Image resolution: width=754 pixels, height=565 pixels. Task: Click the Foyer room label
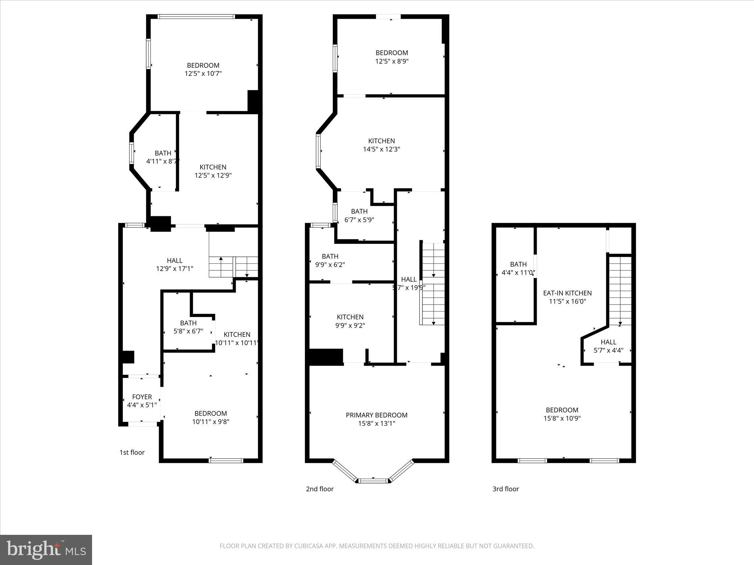142,397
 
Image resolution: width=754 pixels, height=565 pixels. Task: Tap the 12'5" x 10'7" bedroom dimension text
203,74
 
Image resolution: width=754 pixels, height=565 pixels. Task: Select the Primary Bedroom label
376,415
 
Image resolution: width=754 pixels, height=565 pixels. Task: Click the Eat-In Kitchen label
567,293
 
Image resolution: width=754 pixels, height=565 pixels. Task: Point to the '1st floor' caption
132,452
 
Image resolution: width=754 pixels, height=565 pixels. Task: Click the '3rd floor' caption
505,489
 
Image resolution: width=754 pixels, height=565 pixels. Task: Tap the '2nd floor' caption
320,489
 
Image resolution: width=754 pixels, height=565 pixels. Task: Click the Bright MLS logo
46,550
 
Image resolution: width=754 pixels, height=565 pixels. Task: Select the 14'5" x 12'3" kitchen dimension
381,149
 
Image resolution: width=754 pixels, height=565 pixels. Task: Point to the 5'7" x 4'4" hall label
608,346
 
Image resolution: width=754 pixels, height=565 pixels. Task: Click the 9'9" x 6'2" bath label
330,260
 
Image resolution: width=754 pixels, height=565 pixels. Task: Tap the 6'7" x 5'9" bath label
359,216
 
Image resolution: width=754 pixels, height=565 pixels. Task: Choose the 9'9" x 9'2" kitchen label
350,321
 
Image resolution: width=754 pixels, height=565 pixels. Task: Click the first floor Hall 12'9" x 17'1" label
175,264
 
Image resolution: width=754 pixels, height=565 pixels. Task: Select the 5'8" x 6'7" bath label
188,327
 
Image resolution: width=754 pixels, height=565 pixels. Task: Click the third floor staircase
620,291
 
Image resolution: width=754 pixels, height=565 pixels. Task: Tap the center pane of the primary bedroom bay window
373,480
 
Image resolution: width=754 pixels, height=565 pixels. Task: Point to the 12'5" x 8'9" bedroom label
391,57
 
